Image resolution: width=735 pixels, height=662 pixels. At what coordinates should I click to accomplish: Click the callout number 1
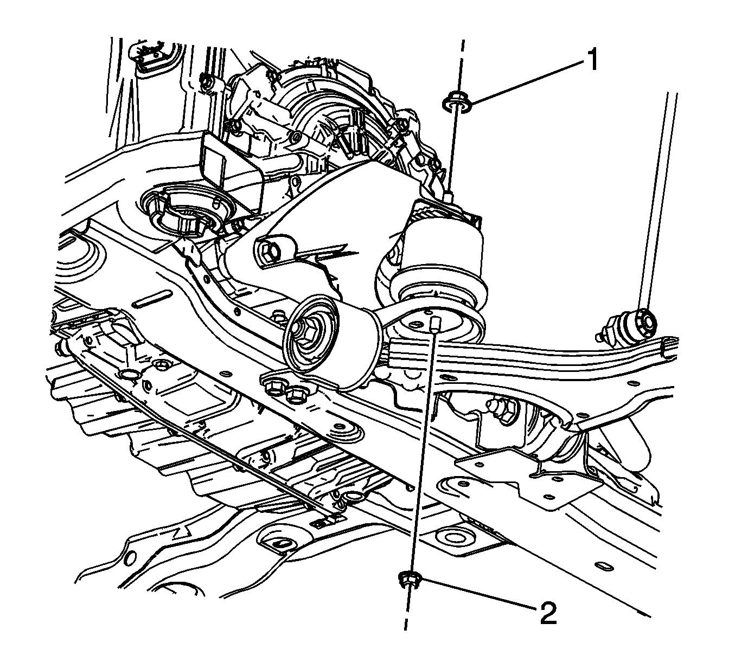(591, 60)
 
